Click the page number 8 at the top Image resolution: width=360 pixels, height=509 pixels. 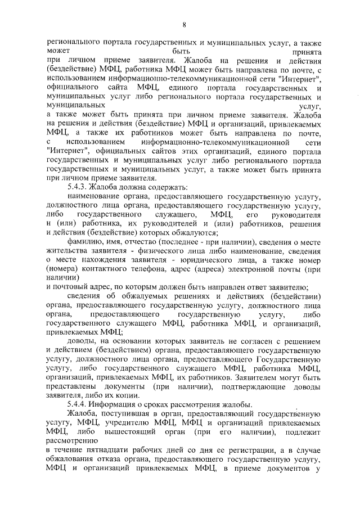click(x=183, y=24)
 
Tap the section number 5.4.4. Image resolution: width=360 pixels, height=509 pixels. click(x=76, y=405)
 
